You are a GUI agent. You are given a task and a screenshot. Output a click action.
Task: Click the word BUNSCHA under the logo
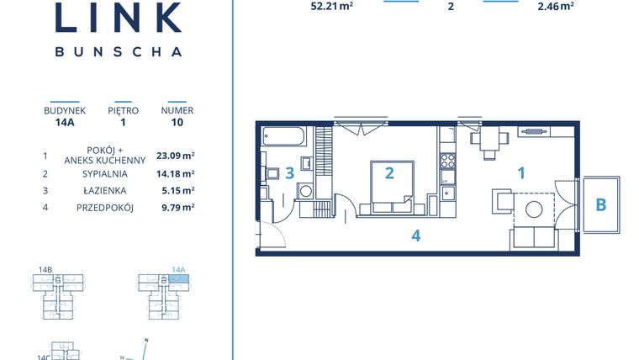click(118, 51)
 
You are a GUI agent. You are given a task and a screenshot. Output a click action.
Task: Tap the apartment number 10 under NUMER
click(177, 122)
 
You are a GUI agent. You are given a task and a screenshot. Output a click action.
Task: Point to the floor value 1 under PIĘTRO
click(123, 122)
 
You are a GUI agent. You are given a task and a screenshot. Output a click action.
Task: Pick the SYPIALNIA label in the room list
click(99, 173)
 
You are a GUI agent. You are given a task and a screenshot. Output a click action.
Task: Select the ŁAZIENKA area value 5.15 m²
click(176, 191)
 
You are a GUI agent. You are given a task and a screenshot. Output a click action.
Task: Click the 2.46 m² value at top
click(556, 6)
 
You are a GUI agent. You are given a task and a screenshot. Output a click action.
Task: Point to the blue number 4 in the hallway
click(415, 236)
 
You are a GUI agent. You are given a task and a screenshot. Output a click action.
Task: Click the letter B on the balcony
click(600, 204)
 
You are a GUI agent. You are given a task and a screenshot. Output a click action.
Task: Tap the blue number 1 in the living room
click(521, 173)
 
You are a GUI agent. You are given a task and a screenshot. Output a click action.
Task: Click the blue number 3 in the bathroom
click(289, 174)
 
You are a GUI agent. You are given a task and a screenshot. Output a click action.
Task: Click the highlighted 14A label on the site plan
click(177, 270)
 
